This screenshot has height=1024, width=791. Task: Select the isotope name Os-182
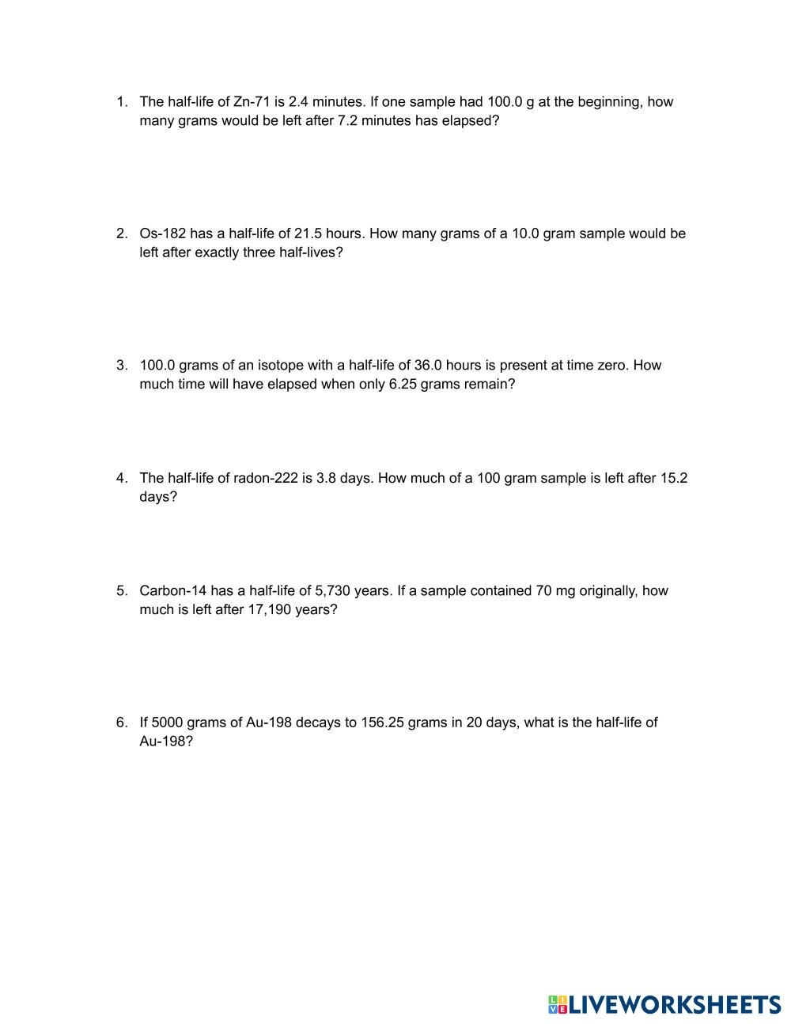pyautogui.click(x=162, y=233)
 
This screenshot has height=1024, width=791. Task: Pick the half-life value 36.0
pyautogui.click(x=430, y=365)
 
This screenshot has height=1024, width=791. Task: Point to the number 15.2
pyautogui.click(x=674, y=478)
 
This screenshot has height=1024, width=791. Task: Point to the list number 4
pyautogui.click(x=121, y=478)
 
